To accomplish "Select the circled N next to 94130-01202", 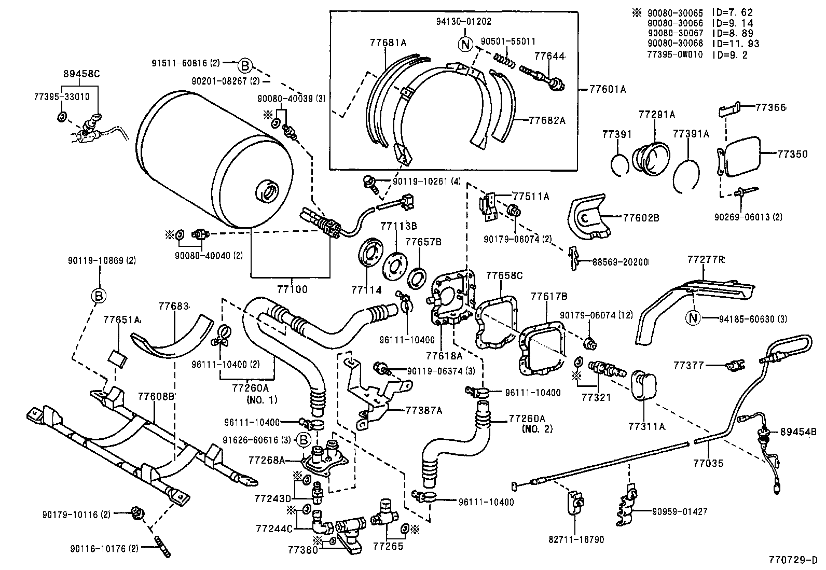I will (465, 45).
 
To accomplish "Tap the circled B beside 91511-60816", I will (245, 65).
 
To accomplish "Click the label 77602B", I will (641, 218).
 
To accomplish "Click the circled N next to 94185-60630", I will (693, 318).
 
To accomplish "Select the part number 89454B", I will (799, 432).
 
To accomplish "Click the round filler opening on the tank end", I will (269, 192).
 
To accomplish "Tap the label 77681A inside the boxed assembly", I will (388, 43).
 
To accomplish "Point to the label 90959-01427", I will (680, 511).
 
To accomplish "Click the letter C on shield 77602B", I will (583, 218).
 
